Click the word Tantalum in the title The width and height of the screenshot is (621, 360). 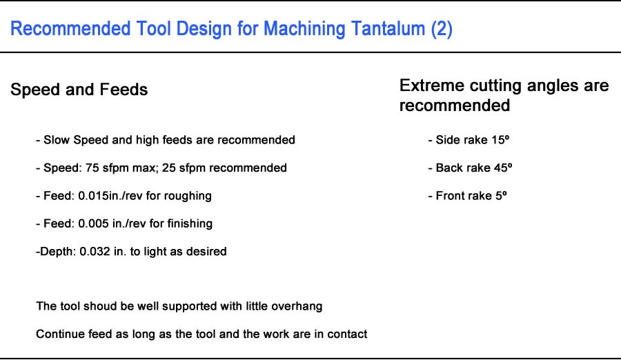pyautogui.click(x=384, y=30)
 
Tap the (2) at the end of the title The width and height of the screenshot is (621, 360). pyautogui.click(x=441, y=30)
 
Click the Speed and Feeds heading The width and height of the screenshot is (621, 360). pyautogui.click(x=79, y=90)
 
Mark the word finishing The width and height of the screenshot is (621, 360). pyautogui.click(x=189, y=223)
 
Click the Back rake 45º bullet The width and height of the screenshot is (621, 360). pyautogui.click(x=473, y=168)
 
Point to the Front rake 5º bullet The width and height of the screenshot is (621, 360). pyautogui.click(x=471, y=196)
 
